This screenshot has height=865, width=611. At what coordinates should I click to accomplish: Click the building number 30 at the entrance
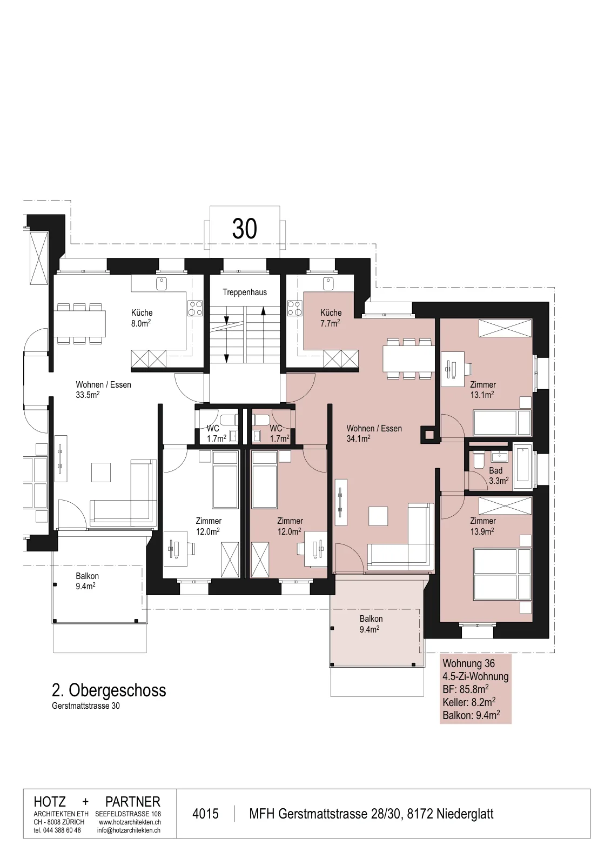[244, 229]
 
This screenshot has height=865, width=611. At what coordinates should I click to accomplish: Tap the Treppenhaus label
[244, 292]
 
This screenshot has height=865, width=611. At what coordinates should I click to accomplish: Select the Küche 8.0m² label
[142, 318]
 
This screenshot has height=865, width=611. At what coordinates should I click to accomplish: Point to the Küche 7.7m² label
[331, 318]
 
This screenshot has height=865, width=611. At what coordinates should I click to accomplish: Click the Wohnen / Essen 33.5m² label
[103, 390]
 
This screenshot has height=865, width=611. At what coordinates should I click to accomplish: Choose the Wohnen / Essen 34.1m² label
[374, 433]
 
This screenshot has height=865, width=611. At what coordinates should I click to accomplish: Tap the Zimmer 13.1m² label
[482, 390]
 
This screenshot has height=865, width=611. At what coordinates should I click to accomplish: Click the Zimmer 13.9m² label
[482, 526]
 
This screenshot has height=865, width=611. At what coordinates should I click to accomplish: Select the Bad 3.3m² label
[498, 476]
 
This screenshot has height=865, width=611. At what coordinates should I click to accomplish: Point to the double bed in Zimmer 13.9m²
[502, 575]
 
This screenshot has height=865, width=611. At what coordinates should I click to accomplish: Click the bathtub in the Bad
[522, 467]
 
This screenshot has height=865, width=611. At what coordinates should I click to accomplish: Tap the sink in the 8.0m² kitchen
[162, 283]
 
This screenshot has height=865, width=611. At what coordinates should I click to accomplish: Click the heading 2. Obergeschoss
[109, 690]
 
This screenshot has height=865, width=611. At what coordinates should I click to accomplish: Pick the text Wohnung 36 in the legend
[468, 663]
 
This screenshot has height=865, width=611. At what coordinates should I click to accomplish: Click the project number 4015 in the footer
[205, 814]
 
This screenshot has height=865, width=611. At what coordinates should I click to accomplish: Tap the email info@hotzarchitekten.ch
[129, 830]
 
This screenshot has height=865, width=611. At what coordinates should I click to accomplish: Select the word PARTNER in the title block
[133, 802]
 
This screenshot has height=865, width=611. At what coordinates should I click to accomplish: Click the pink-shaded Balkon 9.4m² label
[371, 624]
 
